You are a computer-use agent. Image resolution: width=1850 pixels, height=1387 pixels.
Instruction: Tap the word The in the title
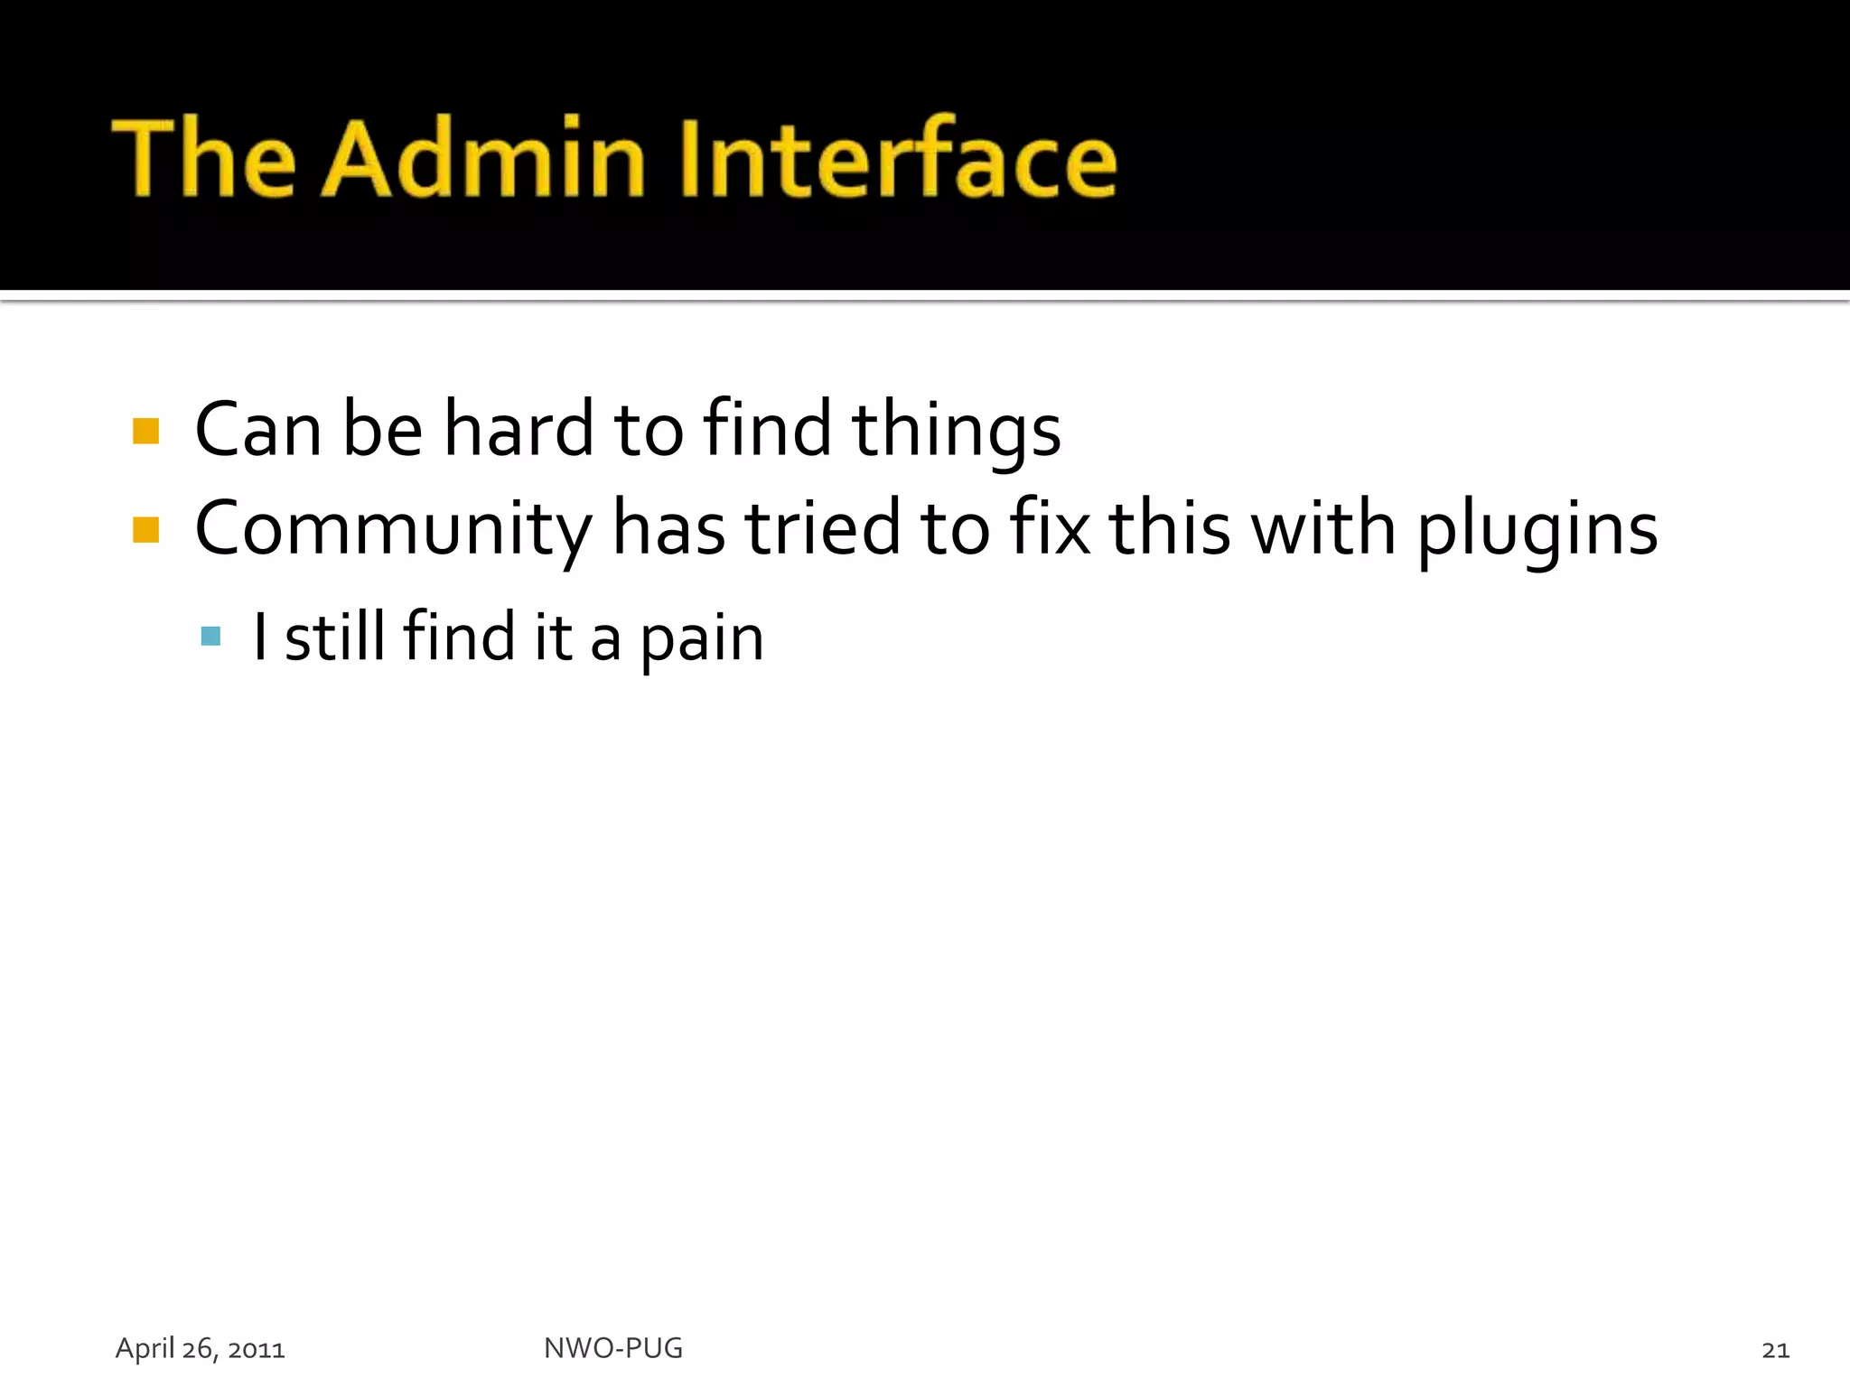pyautogui.click(x=204, y=159)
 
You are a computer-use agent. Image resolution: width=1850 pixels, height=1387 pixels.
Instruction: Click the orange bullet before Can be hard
pyautogui.click(x=145, y=431)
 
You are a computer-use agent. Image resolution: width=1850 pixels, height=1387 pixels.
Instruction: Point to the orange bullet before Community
pyautogui.click(x=145, y=529)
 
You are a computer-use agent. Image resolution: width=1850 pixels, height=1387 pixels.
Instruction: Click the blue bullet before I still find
pyautogui.click(x=211, y=637)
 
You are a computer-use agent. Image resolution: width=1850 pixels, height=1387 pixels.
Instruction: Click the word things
pyautogui.click(x=956, y=432)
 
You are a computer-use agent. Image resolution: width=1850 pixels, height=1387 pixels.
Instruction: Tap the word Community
pyautogui.click(x=394, y=529)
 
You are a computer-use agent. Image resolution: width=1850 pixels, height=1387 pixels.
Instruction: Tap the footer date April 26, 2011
pyautogui.click(x=201, y=1349)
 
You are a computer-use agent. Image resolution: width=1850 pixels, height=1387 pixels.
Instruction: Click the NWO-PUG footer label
pyautogui.click(x=613, y=1348)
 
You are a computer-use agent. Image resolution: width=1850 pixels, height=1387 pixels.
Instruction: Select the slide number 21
pyautogui.click(x=1775, y=1350)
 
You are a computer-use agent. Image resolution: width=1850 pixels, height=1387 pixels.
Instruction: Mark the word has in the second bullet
pyautogui.click(x=668, y=528)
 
